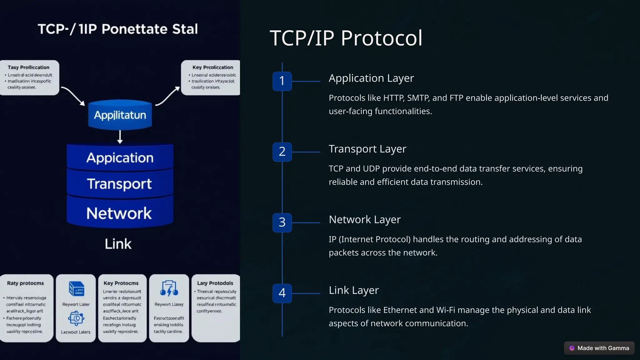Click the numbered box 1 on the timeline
[282, 81]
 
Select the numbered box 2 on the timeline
[282, 152]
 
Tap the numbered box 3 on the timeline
[282, 222]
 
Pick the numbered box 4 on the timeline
[282, 293]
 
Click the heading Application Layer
[371, 78]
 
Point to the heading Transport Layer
[367, 149]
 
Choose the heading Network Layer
[364, 220]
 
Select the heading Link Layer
[353, 290]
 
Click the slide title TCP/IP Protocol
[346, 38]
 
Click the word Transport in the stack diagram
[119, 184]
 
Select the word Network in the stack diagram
[119, 213]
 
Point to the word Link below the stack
[118, 244]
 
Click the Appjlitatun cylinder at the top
[120, 115]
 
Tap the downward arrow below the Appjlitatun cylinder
[120, 137]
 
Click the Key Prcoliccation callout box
[211, 77]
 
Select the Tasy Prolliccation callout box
[29, 77]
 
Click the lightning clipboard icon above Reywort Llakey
[169, 288]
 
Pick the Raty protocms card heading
[25, 283]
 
